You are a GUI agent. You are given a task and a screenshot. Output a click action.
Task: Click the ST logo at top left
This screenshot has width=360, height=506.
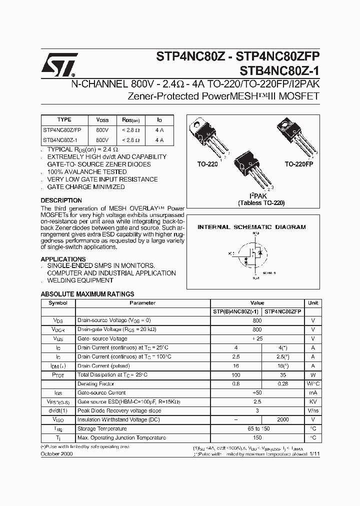tap(58, 64)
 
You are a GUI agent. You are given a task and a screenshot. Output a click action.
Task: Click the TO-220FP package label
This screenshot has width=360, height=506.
tap(298, 164)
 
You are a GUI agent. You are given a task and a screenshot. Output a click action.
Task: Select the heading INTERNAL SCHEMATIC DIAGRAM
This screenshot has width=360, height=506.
tap(251, 227)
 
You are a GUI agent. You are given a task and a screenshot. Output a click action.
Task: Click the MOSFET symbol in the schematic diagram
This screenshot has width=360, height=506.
tap(253, 254)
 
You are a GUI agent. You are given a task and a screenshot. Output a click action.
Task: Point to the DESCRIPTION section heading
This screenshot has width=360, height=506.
tap(61, 200)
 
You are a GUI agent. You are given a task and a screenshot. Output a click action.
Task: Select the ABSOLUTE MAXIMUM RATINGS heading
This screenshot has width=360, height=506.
tap(87, 294)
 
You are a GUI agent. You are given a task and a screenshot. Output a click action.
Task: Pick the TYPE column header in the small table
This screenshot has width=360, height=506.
tap(64, 120)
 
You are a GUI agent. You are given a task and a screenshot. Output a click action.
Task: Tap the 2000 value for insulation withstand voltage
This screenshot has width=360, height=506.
tap(283, 419)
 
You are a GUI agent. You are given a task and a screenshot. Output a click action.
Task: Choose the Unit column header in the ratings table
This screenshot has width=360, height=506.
tap(313, 303)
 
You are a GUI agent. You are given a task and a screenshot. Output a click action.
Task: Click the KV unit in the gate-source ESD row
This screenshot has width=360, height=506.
tap(313, 401)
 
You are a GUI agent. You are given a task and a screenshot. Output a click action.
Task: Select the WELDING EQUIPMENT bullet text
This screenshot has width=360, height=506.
tap(80, 280)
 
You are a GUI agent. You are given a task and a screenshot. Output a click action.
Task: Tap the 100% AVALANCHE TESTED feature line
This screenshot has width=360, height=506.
tap(86, 172)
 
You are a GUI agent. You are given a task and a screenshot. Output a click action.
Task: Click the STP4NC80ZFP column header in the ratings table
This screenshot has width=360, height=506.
tap(283, 311)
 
